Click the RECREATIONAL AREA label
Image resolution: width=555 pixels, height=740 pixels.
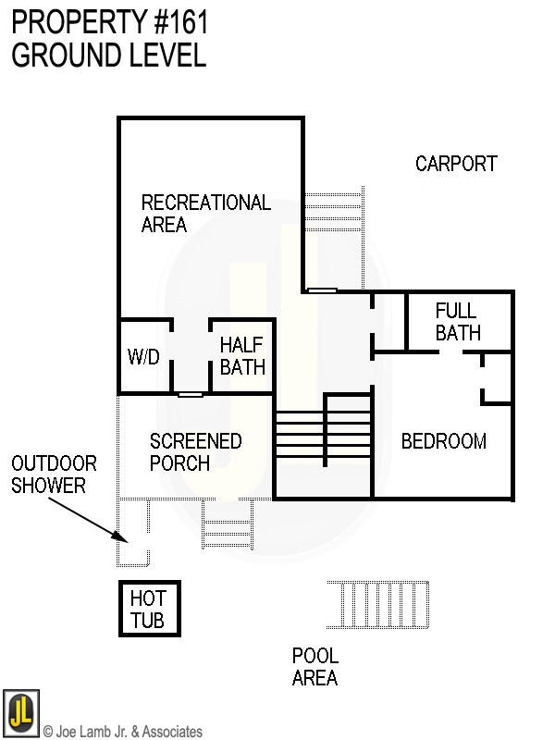coord(205,214)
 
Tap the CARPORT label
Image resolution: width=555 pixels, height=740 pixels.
coord(456,164)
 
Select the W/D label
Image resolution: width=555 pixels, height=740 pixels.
coord(142,357)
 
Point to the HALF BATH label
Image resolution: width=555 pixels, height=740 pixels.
coord(242,356)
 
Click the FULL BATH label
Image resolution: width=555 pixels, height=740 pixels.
coord(458,321)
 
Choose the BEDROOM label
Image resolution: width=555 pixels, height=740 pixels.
coord(443,441)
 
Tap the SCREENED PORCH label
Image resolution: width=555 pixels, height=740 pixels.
coord(195,451)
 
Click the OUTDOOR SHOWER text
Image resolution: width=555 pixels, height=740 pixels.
coord(54,474)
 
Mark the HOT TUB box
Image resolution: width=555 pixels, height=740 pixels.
coord(148,610)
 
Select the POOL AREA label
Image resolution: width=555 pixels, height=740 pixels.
coord(315,667)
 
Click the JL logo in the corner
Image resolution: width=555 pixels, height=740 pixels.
coord(20,711)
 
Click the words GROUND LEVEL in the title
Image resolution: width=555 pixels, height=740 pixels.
coord(108,55)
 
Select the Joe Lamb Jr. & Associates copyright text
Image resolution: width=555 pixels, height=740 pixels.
coord(122,732)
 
